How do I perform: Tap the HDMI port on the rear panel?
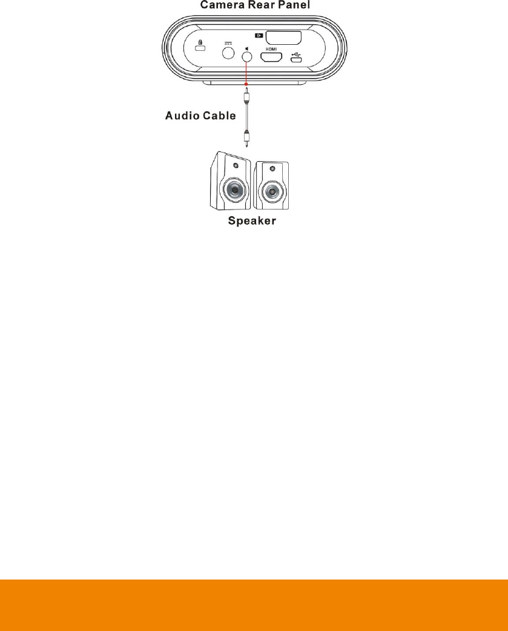(271, 58)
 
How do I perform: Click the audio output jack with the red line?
(246, 57)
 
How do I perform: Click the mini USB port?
(296, 60)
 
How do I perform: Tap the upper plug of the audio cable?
(246, 95)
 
